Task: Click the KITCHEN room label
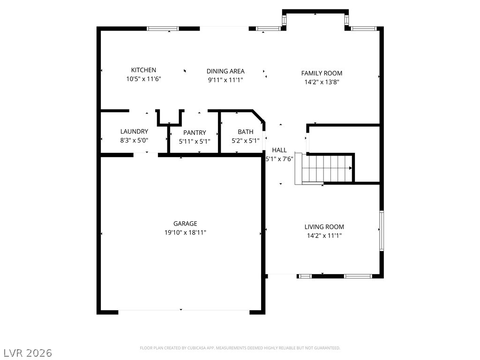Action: point(143,70)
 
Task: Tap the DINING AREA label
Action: point(225,71)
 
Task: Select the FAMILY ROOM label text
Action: point(322,73)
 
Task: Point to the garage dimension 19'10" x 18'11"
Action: point(185,232)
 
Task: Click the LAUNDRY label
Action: point(134,132)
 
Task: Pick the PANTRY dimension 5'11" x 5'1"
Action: point(195,142)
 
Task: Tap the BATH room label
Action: point(246,132)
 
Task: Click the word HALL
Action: point(279,150)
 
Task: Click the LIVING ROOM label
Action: point(324,227)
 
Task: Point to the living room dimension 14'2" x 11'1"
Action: point(324,235)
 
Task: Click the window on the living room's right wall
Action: point(382,231)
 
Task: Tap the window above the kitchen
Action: point(163,29)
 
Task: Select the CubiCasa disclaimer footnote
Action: point(240,348)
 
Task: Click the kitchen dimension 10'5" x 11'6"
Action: point(143,79)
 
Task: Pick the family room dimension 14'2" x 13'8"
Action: point(322,82)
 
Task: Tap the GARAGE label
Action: point(185,224)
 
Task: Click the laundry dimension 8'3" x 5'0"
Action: point(134,141)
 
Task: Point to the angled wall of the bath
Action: point(258,116)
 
